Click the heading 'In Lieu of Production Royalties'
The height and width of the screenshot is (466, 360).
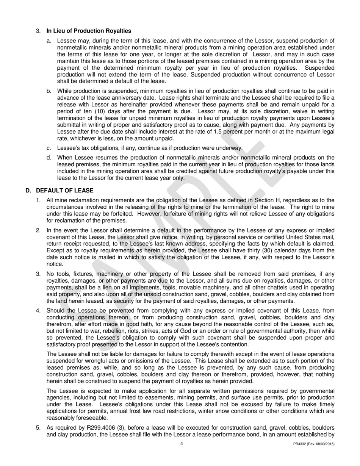(x=89, y=31)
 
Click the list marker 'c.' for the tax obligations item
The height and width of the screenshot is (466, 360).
(x=49, y=148)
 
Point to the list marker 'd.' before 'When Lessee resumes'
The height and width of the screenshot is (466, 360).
(x=49, y=157)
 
